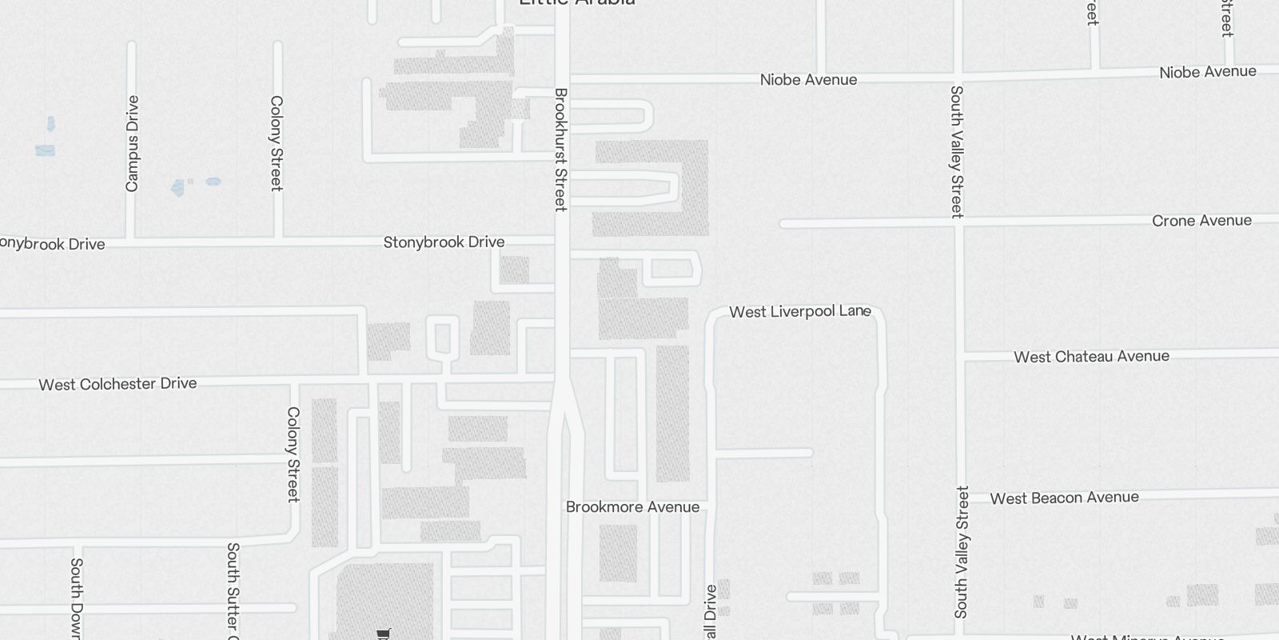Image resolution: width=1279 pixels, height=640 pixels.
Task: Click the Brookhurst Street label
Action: point(560,150)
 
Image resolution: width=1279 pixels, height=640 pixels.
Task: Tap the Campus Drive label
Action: point(133,143)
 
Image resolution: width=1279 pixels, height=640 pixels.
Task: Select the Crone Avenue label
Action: point(1201,221)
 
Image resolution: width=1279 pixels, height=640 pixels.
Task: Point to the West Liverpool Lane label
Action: point(799,311)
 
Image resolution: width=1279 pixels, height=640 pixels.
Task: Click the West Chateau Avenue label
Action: point(1091,357)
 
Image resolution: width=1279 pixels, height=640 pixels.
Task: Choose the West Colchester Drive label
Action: point(118,384)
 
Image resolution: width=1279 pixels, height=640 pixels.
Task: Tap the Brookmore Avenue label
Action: point(632,507)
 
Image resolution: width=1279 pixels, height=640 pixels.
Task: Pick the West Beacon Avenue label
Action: point(1064,498)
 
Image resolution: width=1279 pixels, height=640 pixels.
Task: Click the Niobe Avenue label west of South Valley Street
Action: point(808,80)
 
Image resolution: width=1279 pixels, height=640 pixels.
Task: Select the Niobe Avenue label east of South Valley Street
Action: point(1207,72)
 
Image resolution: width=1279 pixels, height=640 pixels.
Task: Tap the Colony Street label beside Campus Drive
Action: point(277,143)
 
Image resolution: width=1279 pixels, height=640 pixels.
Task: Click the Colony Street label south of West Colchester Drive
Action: point(293,454)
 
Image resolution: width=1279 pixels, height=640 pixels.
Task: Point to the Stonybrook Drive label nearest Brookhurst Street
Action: point(444,242)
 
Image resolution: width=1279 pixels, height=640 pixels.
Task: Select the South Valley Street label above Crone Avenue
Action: point(956,151)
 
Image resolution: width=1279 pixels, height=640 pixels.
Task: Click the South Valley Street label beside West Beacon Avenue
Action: point(962,552)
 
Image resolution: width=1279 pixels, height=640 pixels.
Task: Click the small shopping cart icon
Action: point(384,634)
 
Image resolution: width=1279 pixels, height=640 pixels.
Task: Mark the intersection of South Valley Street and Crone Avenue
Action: point(959,224)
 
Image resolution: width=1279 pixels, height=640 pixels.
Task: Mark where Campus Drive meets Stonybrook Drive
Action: point(131,239)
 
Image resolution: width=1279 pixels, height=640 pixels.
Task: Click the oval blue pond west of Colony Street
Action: point(213,182)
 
